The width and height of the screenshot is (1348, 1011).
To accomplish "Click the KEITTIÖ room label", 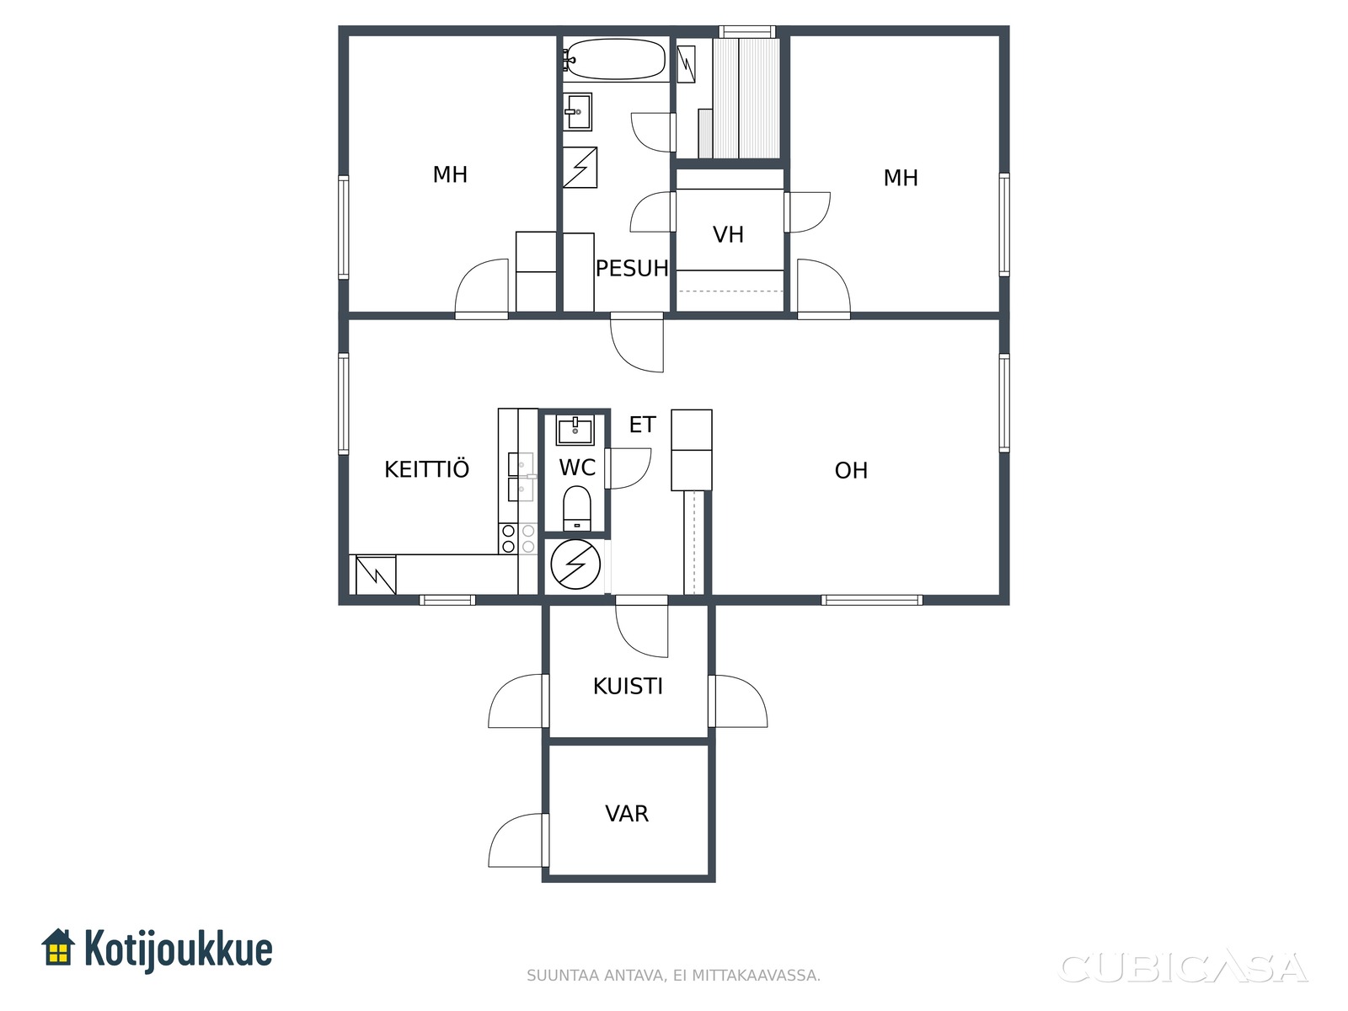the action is (427, 469).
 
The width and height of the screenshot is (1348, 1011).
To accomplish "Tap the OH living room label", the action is (851, 471).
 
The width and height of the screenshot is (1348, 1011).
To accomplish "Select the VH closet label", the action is (729, 234).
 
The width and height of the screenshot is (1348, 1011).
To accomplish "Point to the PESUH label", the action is (632, 268).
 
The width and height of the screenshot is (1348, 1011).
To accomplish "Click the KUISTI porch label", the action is (628, 687).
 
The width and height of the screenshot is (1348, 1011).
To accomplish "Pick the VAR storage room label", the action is (627, 813).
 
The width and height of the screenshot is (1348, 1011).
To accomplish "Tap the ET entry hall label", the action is (642, 425).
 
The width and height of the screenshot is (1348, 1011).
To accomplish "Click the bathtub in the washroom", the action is (615, 60).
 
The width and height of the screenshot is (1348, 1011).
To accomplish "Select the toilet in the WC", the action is (576, 508).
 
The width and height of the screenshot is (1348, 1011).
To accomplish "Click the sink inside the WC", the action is (575, 430).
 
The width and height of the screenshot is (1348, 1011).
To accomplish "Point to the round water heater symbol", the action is (575, 564).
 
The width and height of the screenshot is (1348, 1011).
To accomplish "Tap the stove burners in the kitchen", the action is (517, 538).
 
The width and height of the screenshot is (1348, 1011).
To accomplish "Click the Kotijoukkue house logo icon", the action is (58, 948).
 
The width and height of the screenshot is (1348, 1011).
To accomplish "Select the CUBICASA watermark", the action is (1183, 968).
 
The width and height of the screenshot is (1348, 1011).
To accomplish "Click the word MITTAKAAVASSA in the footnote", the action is (756, 976).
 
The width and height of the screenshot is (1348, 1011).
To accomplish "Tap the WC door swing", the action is (628, 468).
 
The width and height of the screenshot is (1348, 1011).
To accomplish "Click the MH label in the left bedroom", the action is (450, 175).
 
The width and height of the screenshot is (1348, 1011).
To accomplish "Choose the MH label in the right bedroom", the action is (901, 178).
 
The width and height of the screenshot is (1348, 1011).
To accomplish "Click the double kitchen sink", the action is (521, 477).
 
